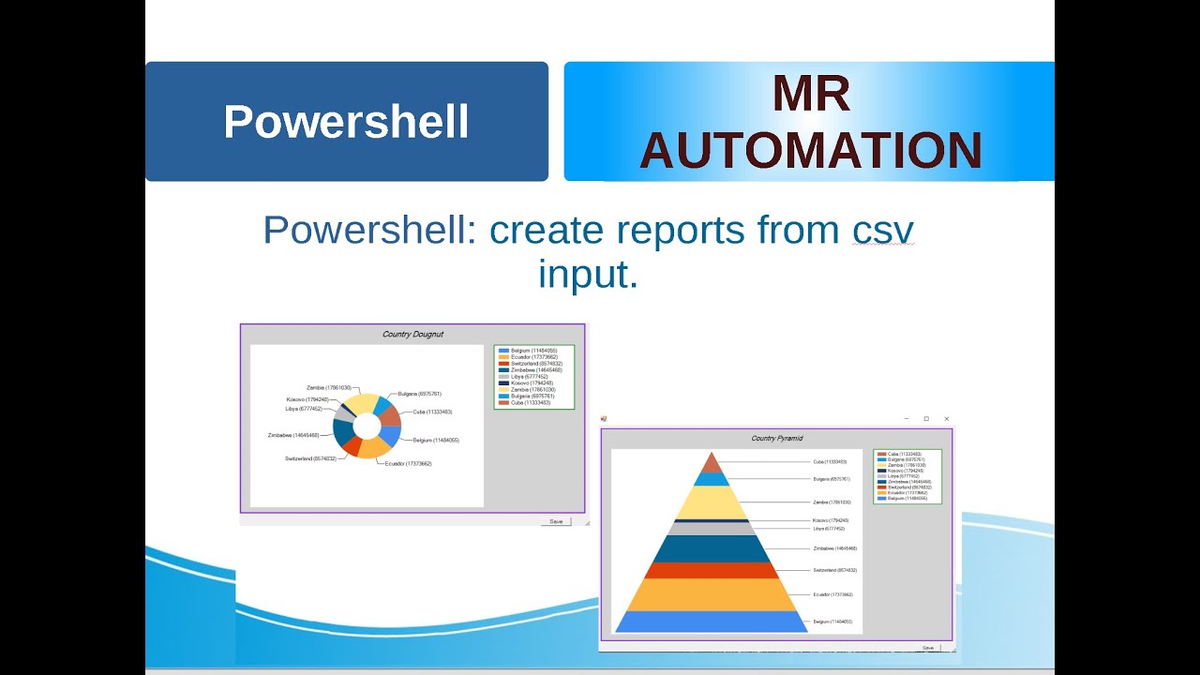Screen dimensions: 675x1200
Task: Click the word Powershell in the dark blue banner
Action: coord(346,122)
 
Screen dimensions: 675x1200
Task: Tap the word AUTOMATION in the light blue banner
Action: coord(811,151)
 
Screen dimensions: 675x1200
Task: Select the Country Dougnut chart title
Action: coord(412,334)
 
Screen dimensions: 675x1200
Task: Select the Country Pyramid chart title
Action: coord(776,438)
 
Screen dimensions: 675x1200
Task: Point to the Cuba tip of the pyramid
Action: coord(712,464)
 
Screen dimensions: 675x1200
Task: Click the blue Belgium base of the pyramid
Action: coord(711,622)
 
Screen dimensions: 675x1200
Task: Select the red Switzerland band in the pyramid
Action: coord(711,570)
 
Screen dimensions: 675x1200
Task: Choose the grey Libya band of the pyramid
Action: coord(711,529)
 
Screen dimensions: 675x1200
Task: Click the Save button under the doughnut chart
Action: coord(556,521)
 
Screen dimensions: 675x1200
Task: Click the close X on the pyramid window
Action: coord(947,418)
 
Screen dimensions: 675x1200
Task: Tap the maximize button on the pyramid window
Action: coord(926,418)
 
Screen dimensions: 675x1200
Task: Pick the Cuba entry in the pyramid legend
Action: coord(906,454)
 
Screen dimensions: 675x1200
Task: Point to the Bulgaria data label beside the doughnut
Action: coord(419,394)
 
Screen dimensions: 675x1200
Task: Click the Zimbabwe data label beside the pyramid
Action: coord(834,548)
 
